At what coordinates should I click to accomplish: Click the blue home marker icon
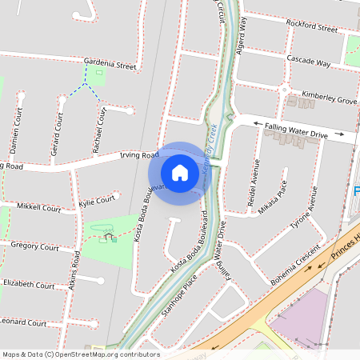pyautogui.click(x=180, y=172)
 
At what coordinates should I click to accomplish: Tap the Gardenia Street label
pyautogui.click(x=110, y=64)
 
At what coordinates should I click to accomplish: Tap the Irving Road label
pyautogui.click(x=134, y=156)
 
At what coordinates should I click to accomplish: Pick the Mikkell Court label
pyautogui.click(x=38, y=208)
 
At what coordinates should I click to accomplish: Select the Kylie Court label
pyautogui.click(x=98, y=202)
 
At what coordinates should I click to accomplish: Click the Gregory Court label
pyautogui.click(x=35, y=247)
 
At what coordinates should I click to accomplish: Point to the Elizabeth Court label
pyautogui.click(x=29, y=284)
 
